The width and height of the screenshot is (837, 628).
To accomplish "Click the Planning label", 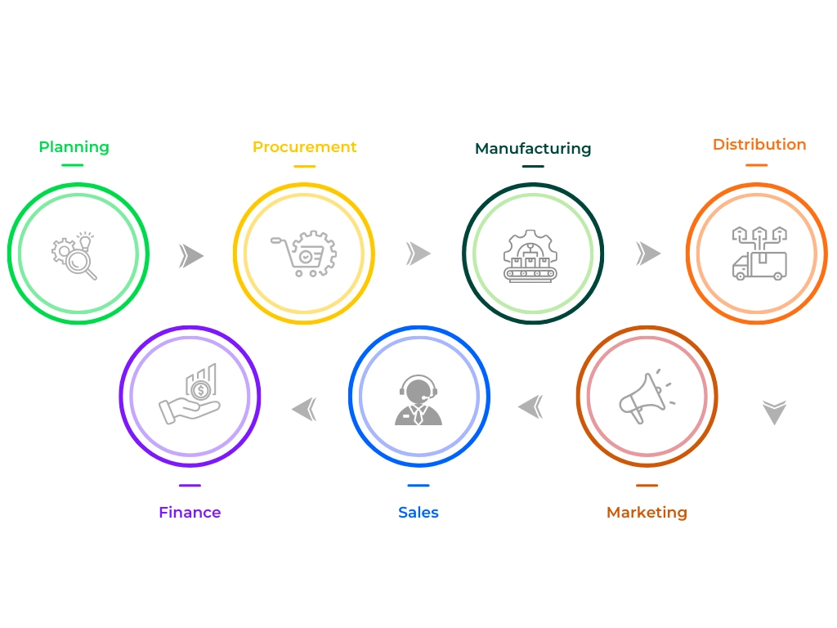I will (x=74, y=147).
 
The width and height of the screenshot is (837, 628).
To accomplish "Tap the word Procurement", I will (x=304, y=147).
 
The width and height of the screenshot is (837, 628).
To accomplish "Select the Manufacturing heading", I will (x=532, y=149).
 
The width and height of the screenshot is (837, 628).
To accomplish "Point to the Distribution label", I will (x=759, y=145).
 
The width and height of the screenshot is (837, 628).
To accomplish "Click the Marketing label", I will (x=647, y=513).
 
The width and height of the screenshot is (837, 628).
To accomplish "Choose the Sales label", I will (x=418, y=513).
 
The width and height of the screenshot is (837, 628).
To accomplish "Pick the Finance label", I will (x=190, y=513).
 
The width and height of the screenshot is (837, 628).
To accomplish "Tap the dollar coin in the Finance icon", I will (x=199, y=391).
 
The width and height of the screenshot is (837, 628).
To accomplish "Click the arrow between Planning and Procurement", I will (x=190, y=256).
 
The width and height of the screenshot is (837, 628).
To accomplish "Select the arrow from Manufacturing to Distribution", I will (x=648, y=254).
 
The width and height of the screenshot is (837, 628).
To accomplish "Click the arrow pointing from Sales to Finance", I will (x=304, y=408).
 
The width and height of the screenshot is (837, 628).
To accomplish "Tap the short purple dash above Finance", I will (x=190, y=486).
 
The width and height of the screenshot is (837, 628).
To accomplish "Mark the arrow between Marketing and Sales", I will (x=531, y=405).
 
